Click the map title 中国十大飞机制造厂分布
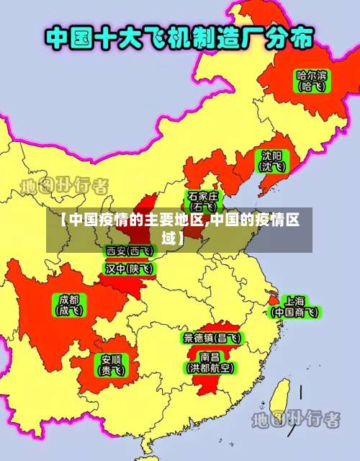click(180, 38)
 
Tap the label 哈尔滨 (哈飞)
click(311, 79)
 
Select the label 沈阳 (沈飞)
click(272, 161)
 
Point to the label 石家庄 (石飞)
click(203, 201)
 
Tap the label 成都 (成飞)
click(70, 305)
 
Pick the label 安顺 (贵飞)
click(111, 365)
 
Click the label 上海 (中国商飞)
click(294, 306)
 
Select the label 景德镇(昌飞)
click(212, 337)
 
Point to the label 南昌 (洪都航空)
click(210, 362)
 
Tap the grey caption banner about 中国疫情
click(180, 230)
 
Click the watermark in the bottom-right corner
click(295, 419)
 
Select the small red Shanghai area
click(274, 297)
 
